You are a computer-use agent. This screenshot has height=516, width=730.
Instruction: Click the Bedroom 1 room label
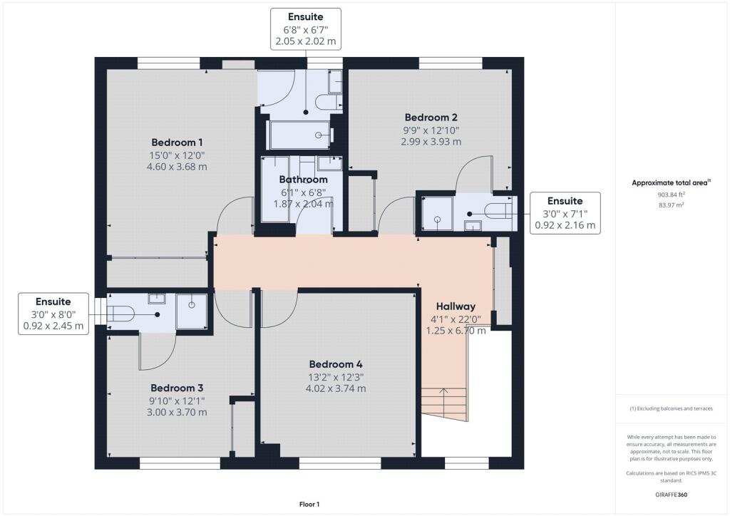click(177, 143)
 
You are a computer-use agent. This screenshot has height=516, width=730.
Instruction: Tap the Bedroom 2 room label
click(431, 118)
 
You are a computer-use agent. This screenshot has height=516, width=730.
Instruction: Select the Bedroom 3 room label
click(177, 388)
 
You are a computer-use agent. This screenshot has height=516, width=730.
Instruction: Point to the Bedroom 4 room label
click(336, 364)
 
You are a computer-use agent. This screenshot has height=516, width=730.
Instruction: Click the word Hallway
click(456, 306)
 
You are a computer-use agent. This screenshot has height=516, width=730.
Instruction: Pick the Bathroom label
click(303, 180)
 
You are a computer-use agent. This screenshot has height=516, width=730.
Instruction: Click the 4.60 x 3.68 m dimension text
click(177, 167)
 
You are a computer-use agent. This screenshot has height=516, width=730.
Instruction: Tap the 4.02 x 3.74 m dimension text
click(336, 388)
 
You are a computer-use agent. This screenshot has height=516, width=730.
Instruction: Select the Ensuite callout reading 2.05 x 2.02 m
click(305, 29)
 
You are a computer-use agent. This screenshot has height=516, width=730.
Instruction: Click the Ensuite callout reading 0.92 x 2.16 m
click(565, 213)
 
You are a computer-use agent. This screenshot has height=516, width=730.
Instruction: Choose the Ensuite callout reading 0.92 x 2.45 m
click(53, 314)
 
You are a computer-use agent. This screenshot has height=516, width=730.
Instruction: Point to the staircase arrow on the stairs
click(443, 403)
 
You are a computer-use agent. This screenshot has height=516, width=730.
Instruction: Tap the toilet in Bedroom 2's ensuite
click(498, 211)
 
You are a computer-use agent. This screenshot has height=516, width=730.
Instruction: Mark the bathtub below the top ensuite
click(300, 135)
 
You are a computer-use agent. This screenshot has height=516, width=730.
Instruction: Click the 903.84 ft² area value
click(672, 195)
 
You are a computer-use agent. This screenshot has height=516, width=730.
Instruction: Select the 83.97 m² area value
click(672, 205)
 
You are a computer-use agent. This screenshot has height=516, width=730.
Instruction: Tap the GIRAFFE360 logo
click(672, 495)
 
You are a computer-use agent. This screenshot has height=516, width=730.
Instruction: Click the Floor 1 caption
click(309, 505)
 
